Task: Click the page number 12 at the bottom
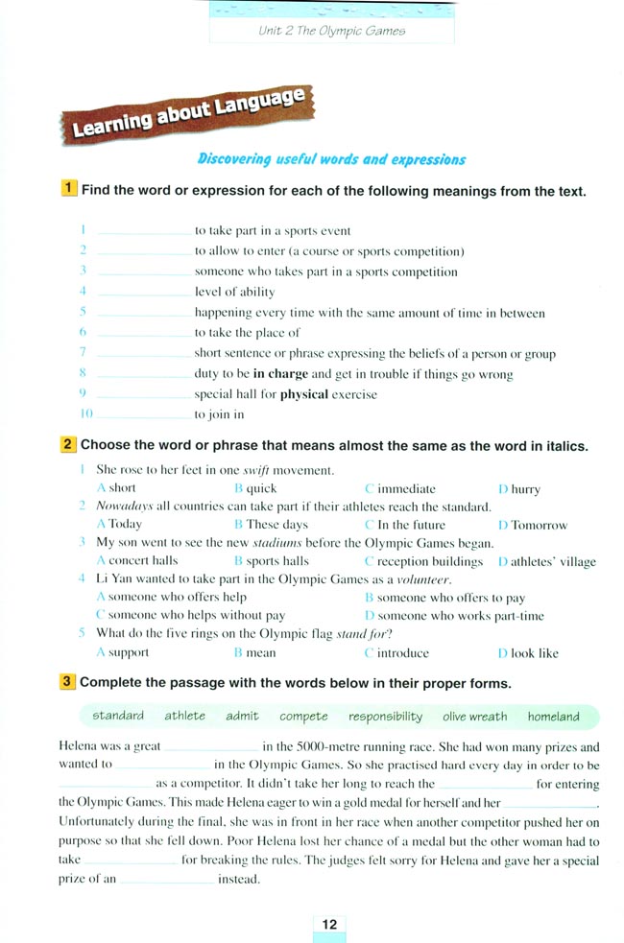pos(329,925)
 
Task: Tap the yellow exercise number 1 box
pos(69,190)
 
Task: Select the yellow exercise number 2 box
pos(69,445)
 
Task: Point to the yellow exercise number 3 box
pos(69,683)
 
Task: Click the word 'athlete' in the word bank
pos(184,716)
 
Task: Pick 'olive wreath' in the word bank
pos(474,717)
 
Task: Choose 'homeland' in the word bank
pos(553,717)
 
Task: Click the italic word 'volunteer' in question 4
pos(422,579)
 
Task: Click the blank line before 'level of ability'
pos(143,293)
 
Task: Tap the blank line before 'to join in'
pos(143,415)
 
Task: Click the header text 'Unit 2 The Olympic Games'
pos(332,31)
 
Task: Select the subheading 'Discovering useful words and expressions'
pos(331,159)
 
